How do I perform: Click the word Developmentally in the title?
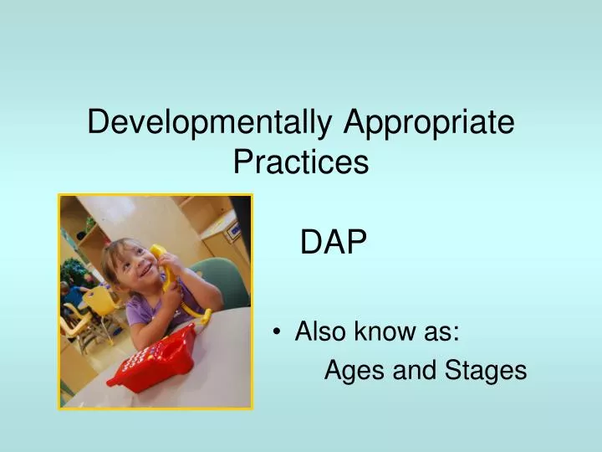click(212, 122)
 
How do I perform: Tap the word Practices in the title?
click(301, 161)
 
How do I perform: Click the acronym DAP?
click(334, 243)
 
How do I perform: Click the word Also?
click(319, 332)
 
